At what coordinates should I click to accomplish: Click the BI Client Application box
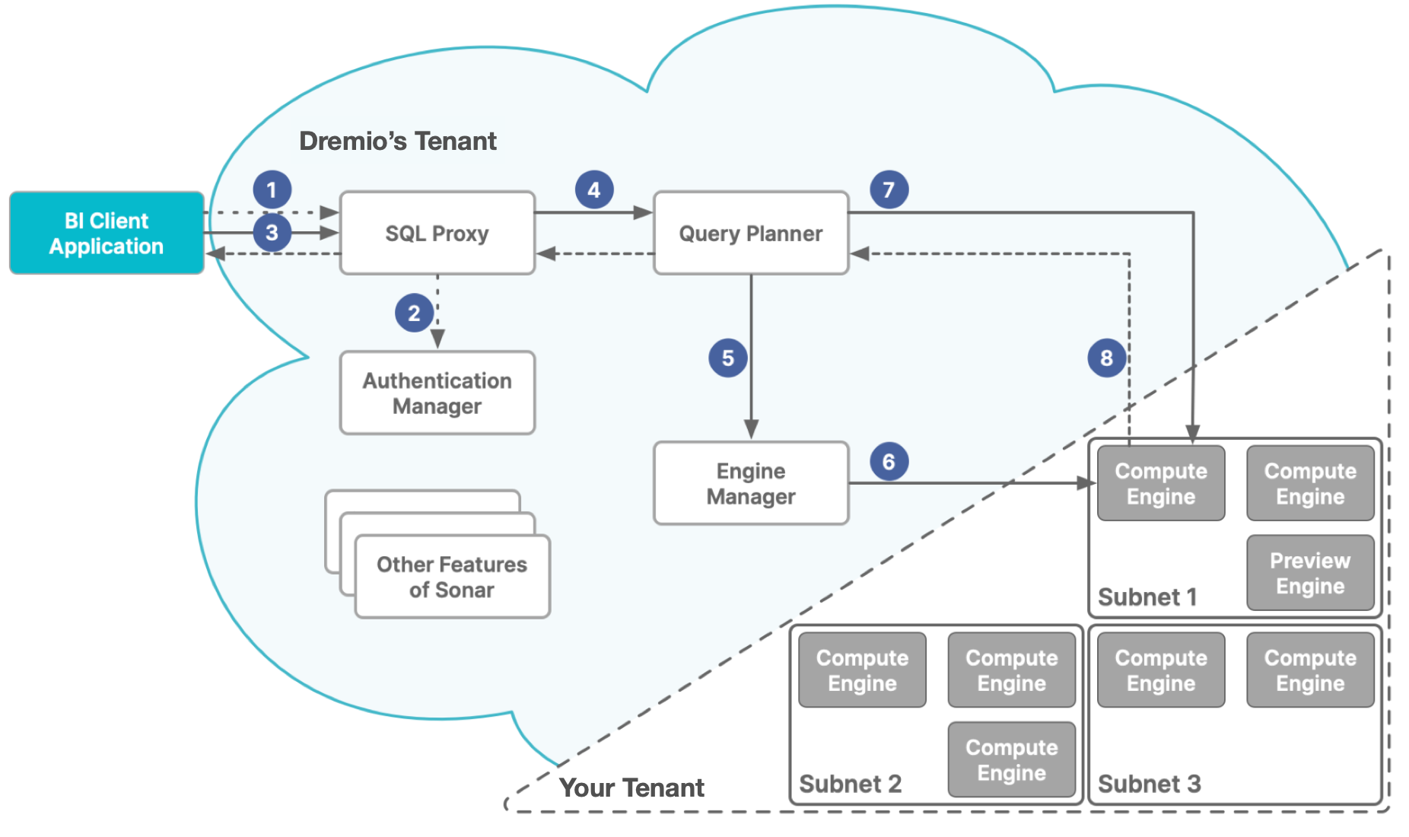pos(107,233)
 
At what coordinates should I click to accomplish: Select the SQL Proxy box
pos(437,233)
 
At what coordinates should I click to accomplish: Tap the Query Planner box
pos(750,233)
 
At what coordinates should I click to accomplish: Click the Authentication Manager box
pos(437,393)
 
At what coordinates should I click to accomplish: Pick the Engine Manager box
pos(750,483)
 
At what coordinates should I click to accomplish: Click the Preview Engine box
pos(1309,573)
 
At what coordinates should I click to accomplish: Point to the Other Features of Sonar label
pos(452,577)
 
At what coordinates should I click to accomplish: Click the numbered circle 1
pos(272,189)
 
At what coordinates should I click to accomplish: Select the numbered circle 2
pos(414,313)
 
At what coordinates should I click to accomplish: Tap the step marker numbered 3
pos(272,232)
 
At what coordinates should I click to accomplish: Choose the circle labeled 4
pos(593,189)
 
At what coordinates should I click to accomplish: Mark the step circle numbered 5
pos(727,358)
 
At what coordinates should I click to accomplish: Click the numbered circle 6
pos(889,461)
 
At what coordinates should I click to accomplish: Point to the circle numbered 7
pos(889,189)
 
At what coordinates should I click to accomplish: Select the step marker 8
pos(1106,358)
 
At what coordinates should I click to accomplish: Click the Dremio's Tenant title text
pos(397,141)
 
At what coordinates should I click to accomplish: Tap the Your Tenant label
pos(631,788)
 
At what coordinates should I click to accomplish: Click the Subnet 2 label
pos(850,784)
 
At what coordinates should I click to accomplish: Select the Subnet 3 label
pos(1149,784)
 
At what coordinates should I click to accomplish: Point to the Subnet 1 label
pos(1147,597)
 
